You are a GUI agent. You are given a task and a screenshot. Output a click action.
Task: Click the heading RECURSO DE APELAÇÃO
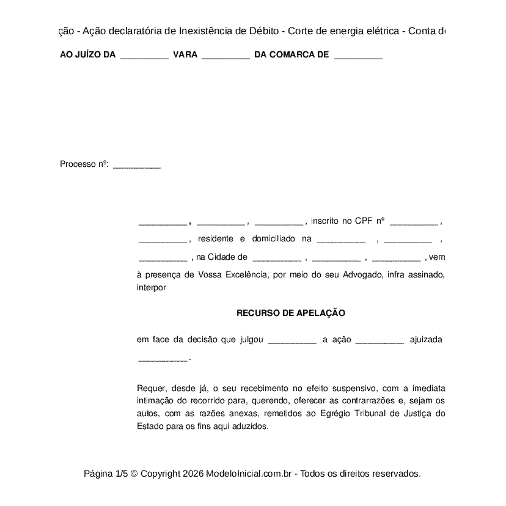[291, 313]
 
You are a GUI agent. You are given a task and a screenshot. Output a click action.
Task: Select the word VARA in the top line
[185, 55]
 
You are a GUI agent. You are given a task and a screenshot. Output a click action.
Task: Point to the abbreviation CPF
[364, 221]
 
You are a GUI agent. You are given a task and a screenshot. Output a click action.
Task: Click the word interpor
[152, 287]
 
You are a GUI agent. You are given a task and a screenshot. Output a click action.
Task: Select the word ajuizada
[426, 340]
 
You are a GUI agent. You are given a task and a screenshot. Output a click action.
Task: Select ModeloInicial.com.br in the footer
[251, 474]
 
